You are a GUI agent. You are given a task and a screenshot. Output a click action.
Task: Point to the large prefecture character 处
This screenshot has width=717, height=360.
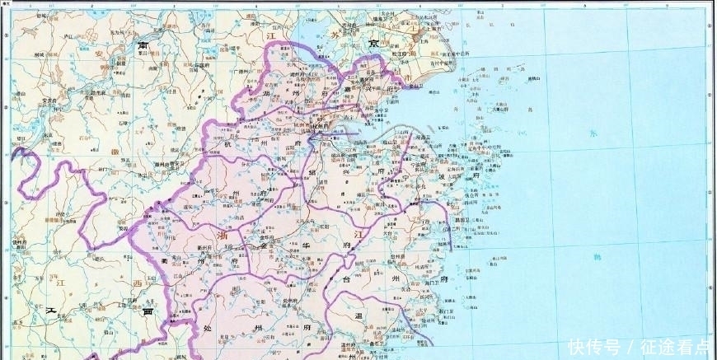click(206, 327)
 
